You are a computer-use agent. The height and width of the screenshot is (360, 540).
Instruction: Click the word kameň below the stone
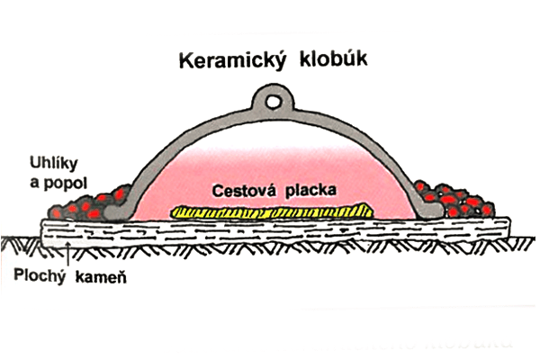tap(97, 274)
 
